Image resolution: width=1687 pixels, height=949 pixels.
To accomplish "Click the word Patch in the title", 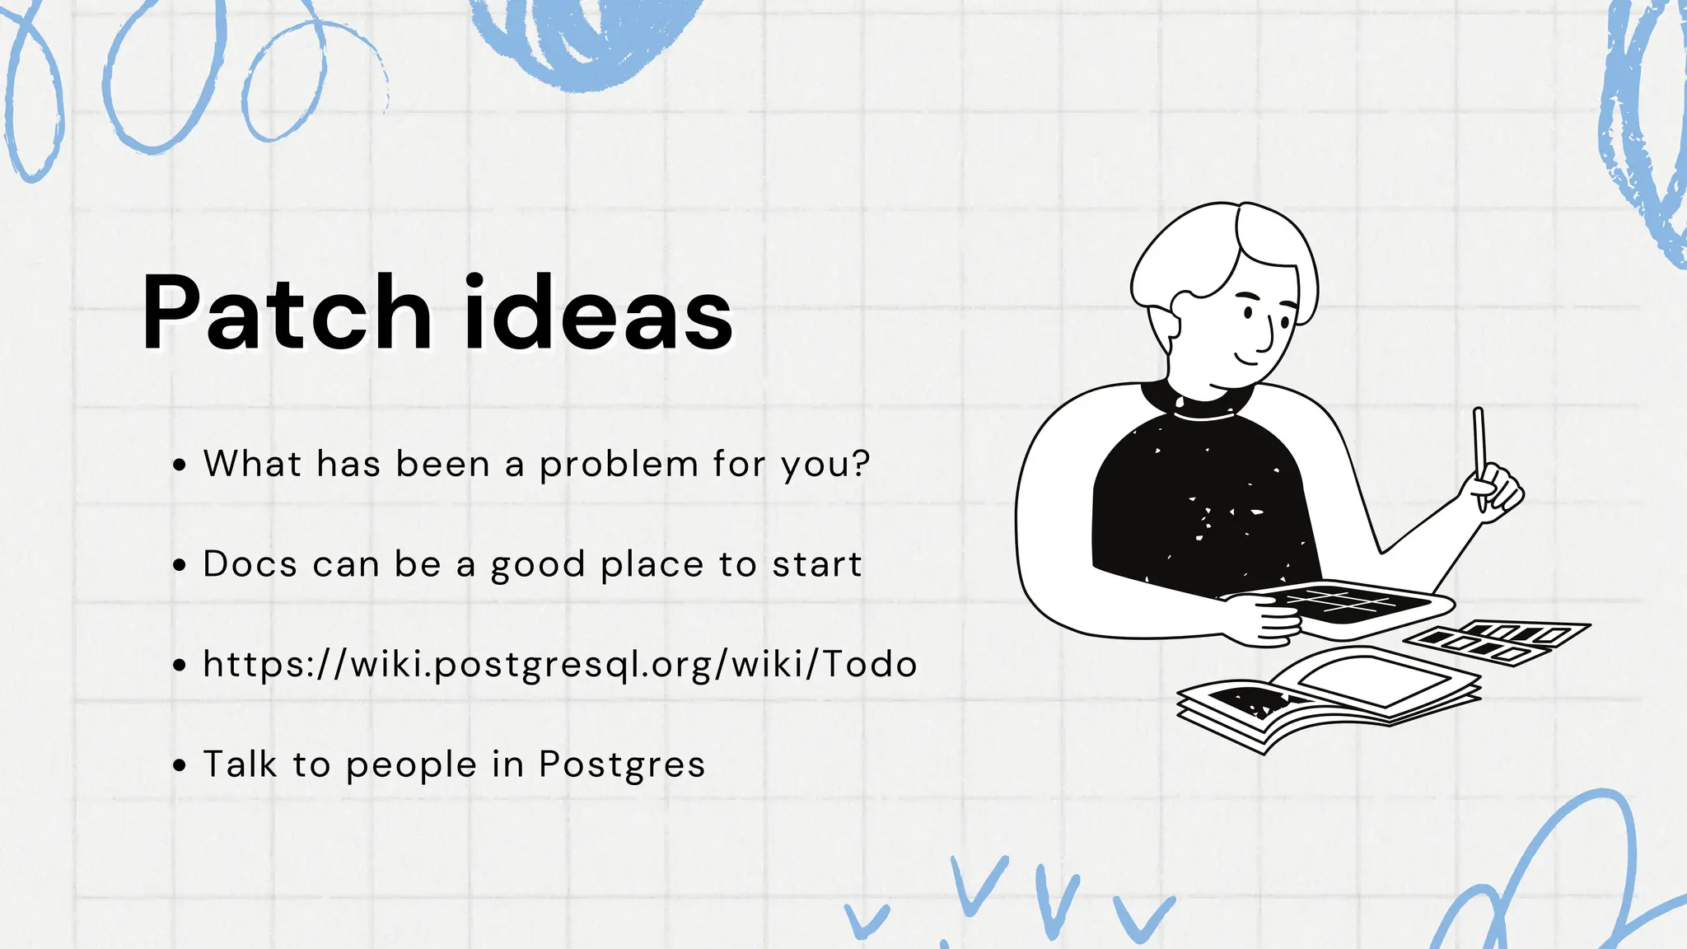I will (287, 313).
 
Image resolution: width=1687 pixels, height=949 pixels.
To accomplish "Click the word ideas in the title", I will (598, 313).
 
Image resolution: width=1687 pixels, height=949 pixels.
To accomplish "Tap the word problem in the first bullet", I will (619, 465).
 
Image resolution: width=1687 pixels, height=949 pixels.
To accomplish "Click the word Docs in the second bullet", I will (250, 564).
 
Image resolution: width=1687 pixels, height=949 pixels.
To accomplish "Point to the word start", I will (816, 564).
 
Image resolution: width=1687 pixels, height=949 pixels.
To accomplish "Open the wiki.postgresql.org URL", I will (560, 665).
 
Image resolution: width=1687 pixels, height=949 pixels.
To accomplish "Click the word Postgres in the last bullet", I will (622, 765).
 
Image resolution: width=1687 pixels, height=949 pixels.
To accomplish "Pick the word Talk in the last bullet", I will (240, 764).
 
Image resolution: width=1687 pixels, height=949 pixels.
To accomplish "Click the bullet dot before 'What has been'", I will (180, 465).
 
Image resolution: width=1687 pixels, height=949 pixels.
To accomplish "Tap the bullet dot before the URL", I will (180, 666).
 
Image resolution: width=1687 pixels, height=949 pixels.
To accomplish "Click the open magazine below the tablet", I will (1326, 696).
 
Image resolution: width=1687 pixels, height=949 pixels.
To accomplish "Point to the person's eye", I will (1248, 312).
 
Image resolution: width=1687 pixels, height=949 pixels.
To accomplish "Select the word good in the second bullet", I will (537, 566).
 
